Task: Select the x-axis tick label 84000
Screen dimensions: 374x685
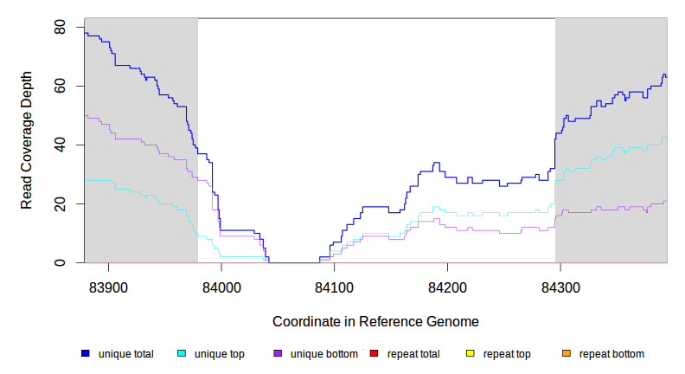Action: pos(221,287)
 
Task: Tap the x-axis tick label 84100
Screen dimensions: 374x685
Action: pos(334,287)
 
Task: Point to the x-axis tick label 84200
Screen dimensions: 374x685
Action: pos(447,287)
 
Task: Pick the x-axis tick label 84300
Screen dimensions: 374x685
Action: pos(560,287)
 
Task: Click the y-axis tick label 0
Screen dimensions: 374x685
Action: pos(60,263)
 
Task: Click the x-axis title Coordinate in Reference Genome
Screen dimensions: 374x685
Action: pos(375,321)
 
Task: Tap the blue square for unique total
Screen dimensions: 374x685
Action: pos(86,353)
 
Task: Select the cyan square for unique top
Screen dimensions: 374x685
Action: pos(182,353)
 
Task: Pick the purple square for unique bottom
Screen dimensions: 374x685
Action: pos(278,353)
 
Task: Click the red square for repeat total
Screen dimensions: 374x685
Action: pos(374,353)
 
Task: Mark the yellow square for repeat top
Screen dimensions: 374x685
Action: pos(470,353)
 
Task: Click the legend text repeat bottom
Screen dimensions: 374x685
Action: pos(611,353)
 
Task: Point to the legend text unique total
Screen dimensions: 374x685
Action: pos(126,353)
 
